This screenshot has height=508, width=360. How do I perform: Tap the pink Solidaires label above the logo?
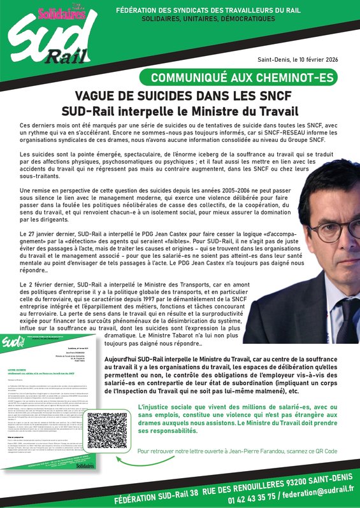click(53, 12)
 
